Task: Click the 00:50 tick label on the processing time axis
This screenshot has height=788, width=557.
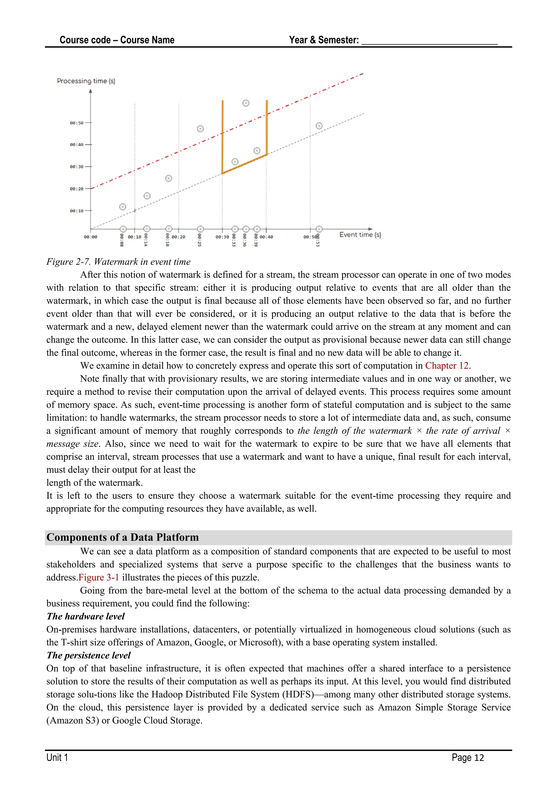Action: point(76,123)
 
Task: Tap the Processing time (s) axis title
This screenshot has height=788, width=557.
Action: point(86,81)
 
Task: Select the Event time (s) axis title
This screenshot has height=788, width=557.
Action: point(360,235)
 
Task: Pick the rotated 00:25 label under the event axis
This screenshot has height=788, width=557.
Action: point(199,240)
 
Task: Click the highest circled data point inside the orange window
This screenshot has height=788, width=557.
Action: point(246,103)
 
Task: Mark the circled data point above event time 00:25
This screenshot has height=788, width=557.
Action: point(200,129)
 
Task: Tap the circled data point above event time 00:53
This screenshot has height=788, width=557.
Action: point(319,126)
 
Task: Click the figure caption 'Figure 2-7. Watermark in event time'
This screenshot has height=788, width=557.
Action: point(118,262)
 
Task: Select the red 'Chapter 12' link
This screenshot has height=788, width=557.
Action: point(447,366)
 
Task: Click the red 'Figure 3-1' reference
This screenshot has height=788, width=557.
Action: point(99,578)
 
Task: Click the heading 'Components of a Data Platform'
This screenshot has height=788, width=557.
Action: point(122,537)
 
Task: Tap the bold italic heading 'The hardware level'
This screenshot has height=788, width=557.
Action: point(86,616)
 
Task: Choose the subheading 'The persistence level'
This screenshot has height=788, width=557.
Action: point(88,655)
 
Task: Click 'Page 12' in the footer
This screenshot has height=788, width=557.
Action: point(468,758)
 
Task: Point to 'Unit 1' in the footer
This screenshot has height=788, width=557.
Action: point(57,758)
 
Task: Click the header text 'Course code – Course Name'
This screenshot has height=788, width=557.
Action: point(117,40)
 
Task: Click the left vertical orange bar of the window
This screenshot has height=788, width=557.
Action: point(222,137)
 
